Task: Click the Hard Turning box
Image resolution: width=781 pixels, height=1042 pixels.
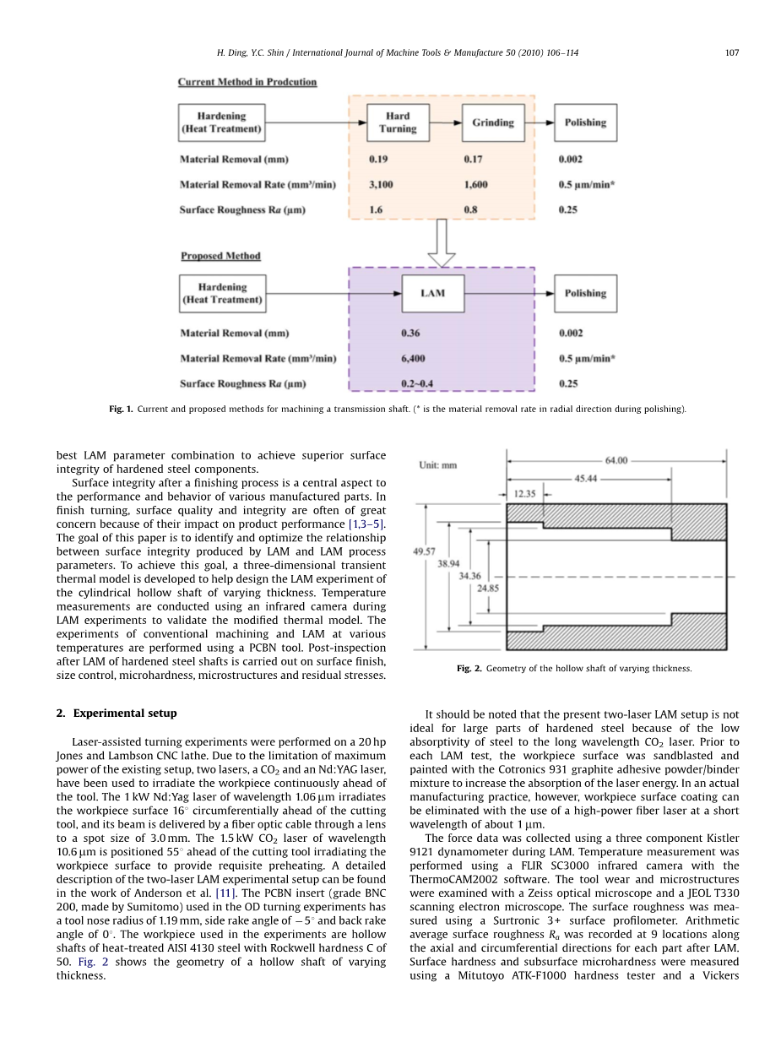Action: click(x=398, y=122)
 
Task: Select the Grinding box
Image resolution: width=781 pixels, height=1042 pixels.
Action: click(x=492, y=122)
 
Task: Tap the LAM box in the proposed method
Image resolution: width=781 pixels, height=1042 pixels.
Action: click(x=432, y=293)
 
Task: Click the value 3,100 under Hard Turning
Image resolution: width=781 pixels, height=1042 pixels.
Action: click(x=382, y=184)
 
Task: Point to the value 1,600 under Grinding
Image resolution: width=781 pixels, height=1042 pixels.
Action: click(x=475, y=184)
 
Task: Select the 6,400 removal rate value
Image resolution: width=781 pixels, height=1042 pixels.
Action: click(x=413, y=358)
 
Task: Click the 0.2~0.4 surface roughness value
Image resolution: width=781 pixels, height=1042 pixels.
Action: click(x=417, y=383)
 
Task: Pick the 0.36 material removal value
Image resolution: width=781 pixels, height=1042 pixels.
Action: click(x=410, y=333)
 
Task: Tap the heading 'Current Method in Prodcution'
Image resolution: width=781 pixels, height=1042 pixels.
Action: click(x=247, y=82)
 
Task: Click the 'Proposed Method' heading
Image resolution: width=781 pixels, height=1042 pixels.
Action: click(x=220, y=256)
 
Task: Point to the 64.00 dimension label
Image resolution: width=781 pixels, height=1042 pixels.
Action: click(x=616, y=460)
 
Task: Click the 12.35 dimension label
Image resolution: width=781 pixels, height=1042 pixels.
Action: click(x=524, y=493)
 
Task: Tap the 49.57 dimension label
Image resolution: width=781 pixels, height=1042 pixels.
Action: click(x=424, y=551)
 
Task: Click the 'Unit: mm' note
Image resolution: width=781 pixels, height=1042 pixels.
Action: click(x=438, y=464)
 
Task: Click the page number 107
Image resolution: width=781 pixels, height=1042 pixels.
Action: click(x=732, y=52)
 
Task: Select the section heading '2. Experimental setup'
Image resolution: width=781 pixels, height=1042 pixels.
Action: click(x=117, y=713)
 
